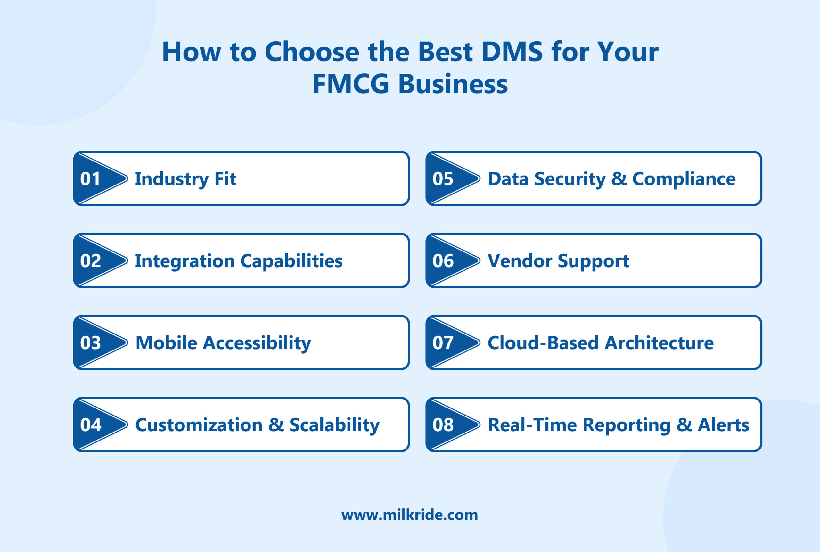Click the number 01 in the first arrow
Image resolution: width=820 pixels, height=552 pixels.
(x=90, y=179)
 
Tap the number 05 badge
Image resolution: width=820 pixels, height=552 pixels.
(x=443, y=179)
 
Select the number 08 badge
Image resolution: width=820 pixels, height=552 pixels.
(x=443, y=425)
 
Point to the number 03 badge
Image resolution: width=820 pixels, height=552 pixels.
(x=90, y=343)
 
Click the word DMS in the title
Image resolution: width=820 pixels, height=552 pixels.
(x=512, y=52)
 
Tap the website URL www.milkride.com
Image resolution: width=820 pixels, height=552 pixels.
(x=410, y=515)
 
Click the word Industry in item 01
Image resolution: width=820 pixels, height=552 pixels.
(x=172, y=179)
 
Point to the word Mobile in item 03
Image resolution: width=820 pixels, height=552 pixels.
(x=166, y=343)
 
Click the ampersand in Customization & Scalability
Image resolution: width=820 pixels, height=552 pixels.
(x=276, y=424)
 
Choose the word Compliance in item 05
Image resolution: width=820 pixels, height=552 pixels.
(x=684, y=179)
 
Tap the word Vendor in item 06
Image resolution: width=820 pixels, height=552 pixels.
(x=520, y=261)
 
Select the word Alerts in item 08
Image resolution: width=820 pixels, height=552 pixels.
(x=724, y=425)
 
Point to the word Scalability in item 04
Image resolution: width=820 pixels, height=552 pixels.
(x=334, y=425)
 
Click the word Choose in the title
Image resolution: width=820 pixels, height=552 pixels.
(x=312, y=52)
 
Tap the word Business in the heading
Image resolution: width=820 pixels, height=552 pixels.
(x=453, y=84)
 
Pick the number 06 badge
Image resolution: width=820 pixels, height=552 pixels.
(x=443, y=261)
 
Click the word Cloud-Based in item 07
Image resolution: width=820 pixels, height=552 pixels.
(x=543, y=343)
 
